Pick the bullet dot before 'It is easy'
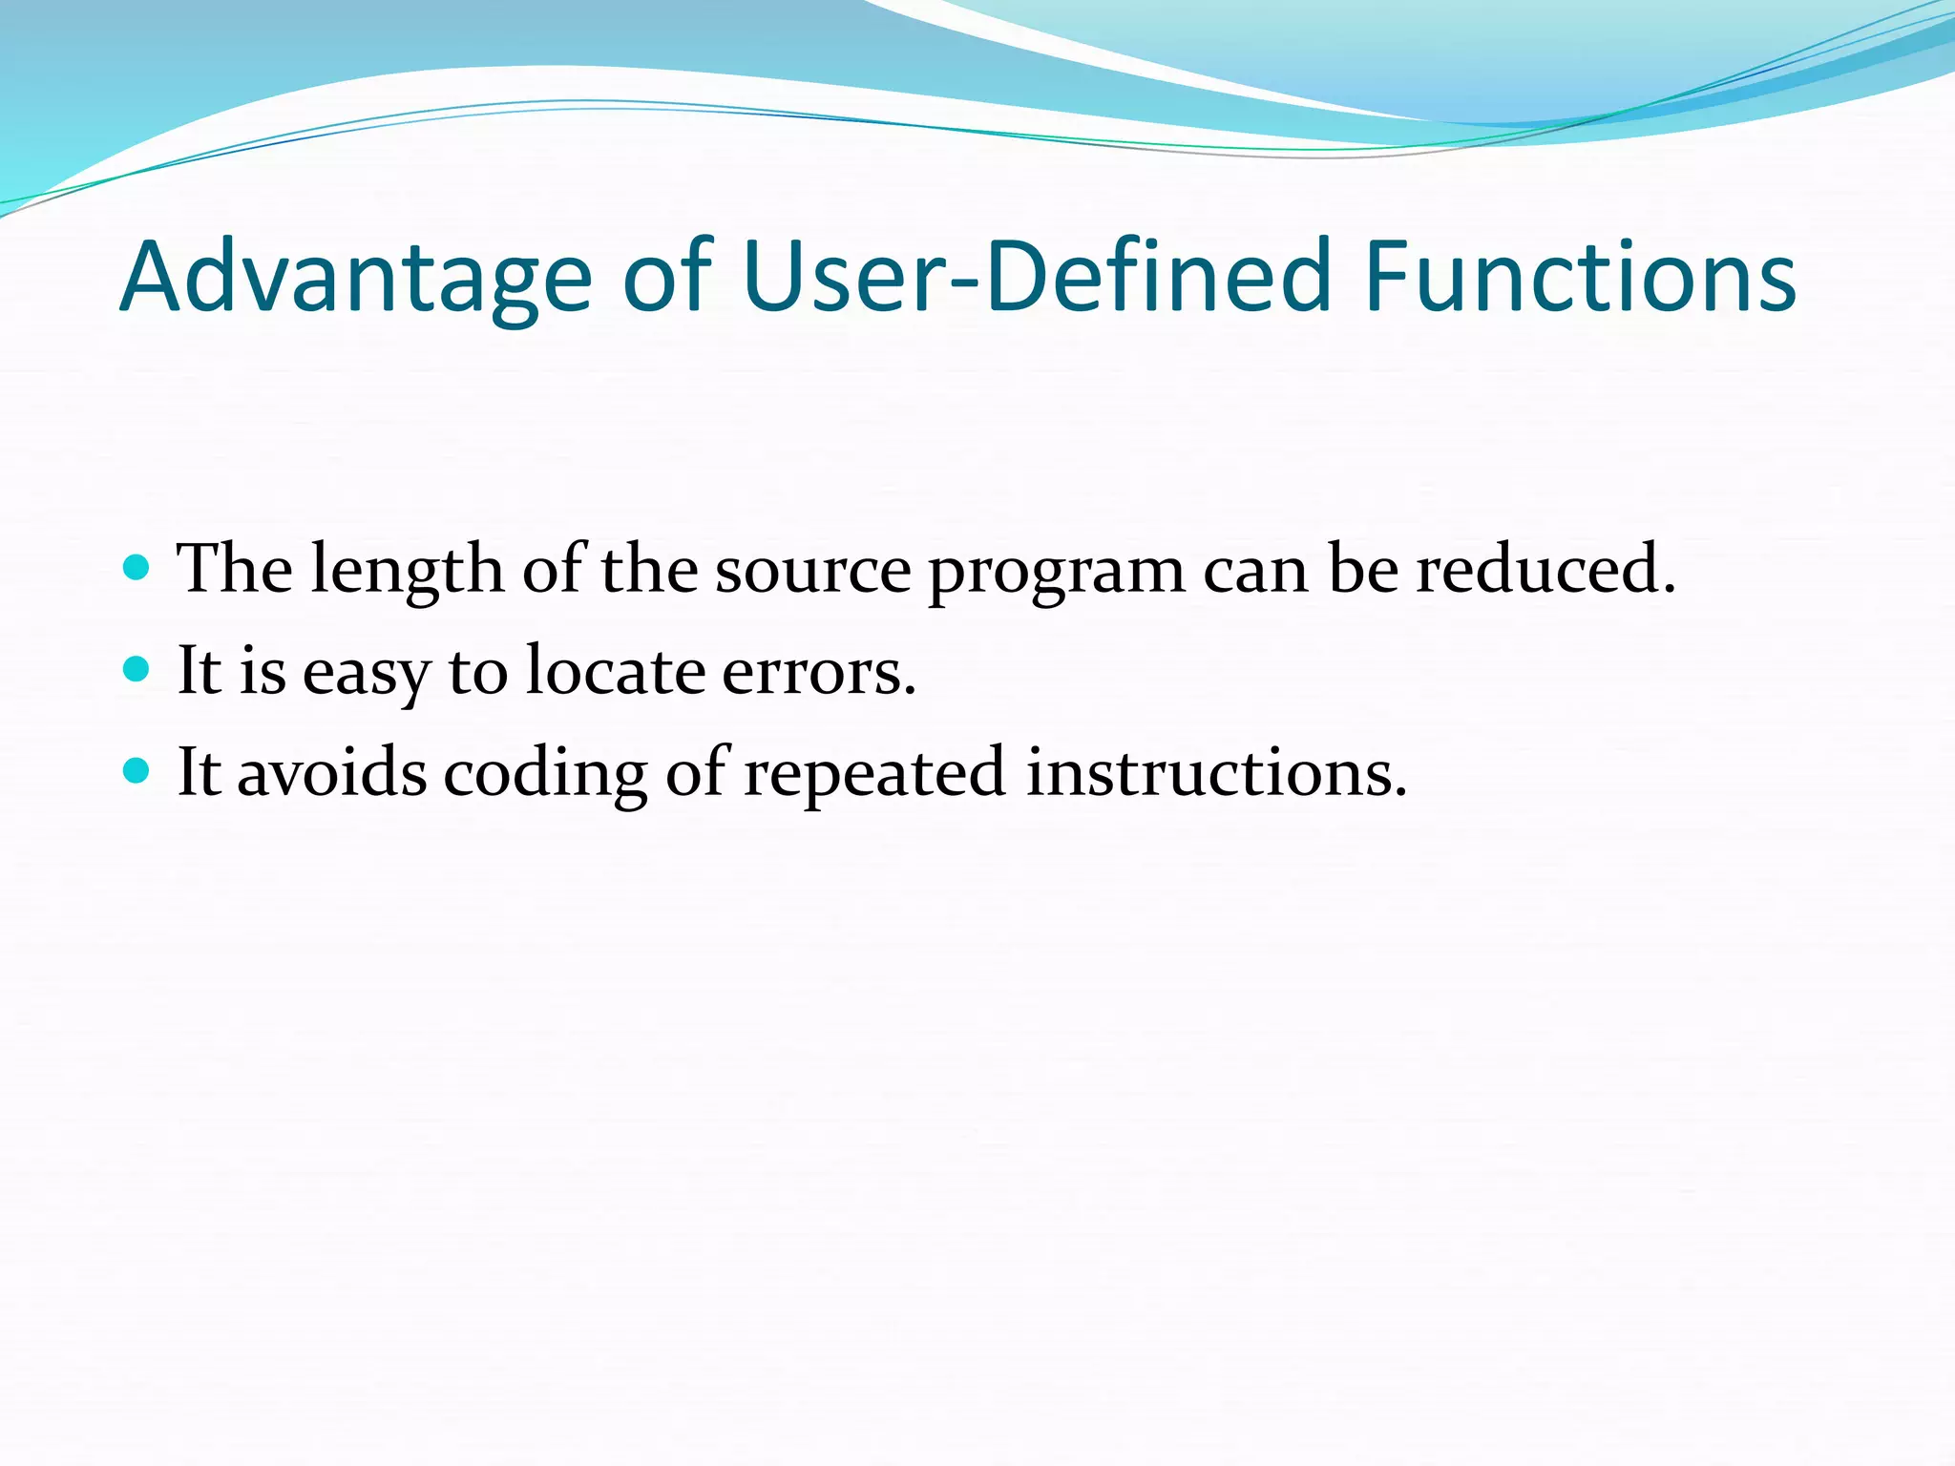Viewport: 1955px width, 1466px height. point(137,669)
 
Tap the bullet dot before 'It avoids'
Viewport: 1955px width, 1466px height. point(137,770)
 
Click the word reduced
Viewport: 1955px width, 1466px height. point(1545,569)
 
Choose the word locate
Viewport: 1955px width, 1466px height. point(617,670)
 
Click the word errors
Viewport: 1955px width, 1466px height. point(819,672)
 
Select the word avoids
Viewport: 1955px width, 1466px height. point(331,772)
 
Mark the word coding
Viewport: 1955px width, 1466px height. point(545,774)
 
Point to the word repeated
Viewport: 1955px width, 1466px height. point(874,774)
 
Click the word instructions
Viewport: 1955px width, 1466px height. point(1216,772)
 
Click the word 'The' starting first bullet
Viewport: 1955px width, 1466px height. point(235,569)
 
